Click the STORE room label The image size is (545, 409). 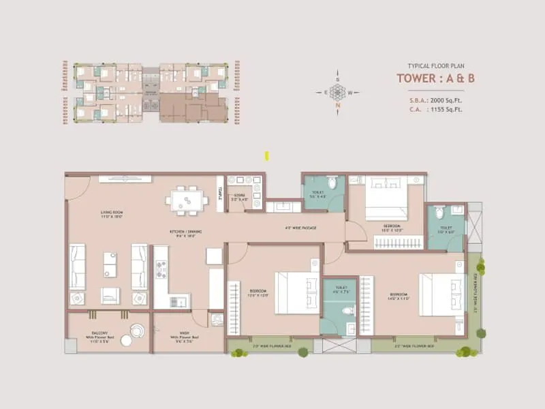238,200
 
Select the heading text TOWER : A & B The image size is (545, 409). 436,77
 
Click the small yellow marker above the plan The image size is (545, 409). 267,156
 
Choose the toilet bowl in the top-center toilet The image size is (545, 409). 332,183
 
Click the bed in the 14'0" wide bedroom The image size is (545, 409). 437,294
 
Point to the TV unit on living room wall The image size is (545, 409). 125,179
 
